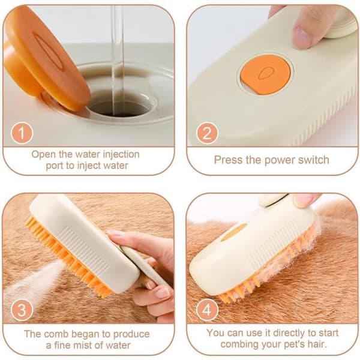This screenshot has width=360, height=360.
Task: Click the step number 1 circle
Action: pos(22,133)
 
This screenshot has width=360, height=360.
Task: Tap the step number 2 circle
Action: pos(207,133)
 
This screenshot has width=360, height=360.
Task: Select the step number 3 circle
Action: pos(22,310)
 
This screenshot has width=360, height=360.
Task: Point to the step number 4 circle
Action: pos(207,310)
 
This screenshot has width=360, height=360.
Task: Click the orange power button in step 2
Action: pos(265,75)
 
